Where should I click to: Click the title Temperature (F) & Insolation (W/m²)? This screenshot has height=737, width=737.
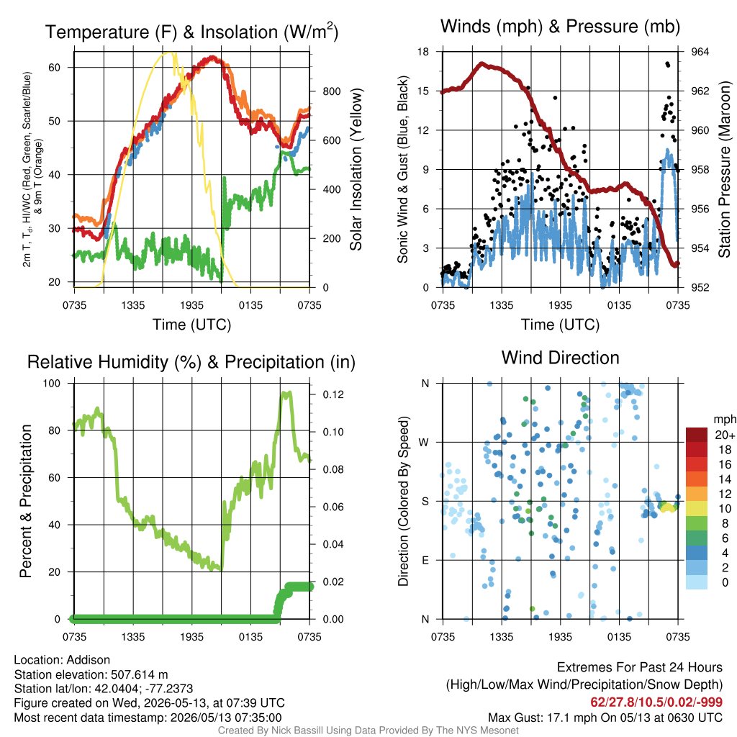click(191, 32)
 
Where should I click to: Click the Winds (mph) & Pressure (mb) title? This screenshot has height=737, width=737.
click(560, 27)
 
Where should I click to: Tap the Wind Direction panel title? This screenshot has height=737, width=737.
click(560, 358)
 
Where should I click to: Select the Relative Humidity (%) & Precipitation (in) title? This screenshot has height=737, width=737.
click(191, 362)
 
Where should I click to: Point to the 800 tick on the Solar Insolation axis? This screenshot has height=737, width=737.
click(331, 91)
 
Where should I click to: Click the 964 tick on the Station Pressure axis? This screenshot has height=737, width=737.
click(700, 52)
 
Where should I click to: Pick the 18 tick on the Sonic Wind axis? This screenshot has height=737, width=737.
click(423, 52)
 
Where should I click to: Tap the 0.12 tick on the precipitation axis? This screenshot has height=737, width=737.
click(333, 394)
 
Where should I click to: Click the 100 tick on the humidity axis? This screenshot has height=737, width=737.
click(52, 383)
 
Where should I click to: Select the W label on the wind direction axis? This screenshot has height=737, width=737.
click(424, 443)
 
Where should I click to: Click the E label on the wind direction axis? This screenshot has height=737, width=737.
click(425, 560)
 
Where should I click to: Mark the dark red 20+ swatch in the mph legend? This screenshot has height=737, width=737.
click(697, 435)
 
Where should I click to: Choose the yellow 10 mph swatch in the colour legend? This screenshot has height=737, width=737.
click(697, 509)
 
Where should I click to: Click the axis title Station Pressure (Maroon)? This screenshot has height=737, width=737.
click(724, 169)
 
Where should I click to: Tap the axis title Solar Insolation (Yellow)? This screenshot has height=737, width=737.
click(356, 169)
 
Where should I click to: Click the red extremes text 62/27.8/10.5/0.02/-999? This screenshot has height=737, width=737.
click(656, 702)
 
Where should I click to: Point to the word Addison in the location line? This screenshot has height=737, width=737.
click(89, 660)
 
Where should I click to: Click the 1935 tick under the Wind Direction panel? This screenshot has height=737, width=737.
click(560, 637)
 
